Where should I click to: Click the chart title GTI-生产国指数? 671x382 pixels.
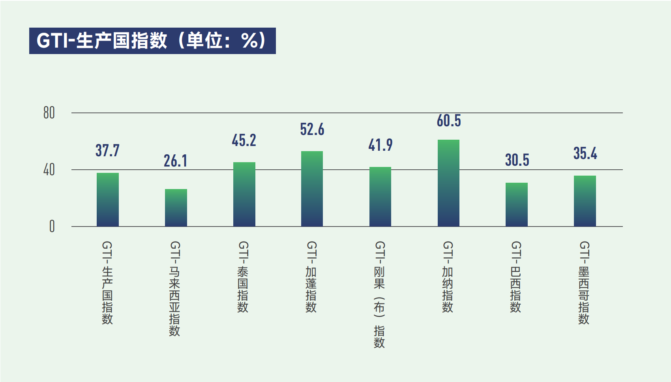tap(152, 41)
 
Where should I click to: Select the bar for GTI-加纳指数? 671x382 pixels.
tap(448, 183)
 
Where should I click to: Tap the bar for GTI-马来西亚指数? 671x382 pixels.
tap(176, 208)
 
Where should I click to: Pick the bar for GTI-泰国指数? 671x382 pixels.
tap(244, 194)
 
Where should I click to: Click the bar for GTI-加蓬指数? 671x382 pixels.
tap(312, 189)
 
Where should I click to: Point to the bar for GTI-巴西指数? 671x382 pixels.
tap(516, 204)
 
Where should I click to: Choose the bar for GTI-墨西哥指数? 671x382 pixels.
tap(585, 201)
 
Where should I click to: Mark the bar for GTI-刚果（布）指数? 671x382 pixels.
tap(380, 197)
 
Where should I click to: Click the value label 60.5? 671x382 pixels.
tap(448, 121)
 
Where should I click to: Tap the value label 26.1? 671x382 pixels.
tap(175, 161)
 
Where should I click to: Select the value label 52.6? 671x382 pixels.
tap(312, 129)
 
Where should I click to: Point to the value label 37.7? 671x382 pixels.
tap(107, 150)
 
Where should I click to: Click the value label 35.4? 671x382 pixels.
tap(585, 154)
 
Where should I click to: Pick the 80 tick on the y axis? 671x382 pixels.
tap(49, 113)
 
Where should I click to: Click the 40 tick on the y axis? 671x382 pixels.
tap(49, 170)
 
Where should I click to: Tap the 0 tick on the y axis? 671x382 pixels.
tap(52, 227)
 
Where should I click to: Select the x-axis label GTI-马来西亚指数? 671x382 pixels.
tap(174, 288)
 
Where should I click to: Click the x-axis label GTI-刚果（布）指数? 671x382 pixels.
tap(379, 294)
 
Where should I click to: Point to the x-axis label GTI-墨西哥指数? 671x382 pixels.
tap(584, 283)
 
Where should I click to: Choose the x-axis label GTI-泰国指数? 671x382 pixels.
tap(243, 277)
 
